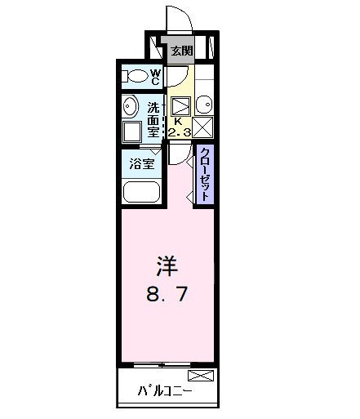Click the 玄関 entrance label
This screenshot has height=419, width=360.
(182, 51)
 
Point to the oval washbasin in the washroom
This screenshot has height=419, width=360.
(130, 106)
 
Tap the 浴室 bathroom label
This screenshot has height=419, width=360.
(142, 163)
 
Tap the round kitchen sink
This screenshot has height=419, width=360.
(205, 105)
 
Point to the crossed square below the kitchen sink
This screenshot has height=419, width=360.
(204, 127)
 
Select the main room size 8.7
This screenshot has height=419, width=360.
(167, 294)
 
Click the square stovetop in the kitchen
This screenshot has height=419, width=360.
(182, 105)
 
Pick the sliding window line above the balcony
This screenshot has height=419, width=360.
(167, 363)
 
